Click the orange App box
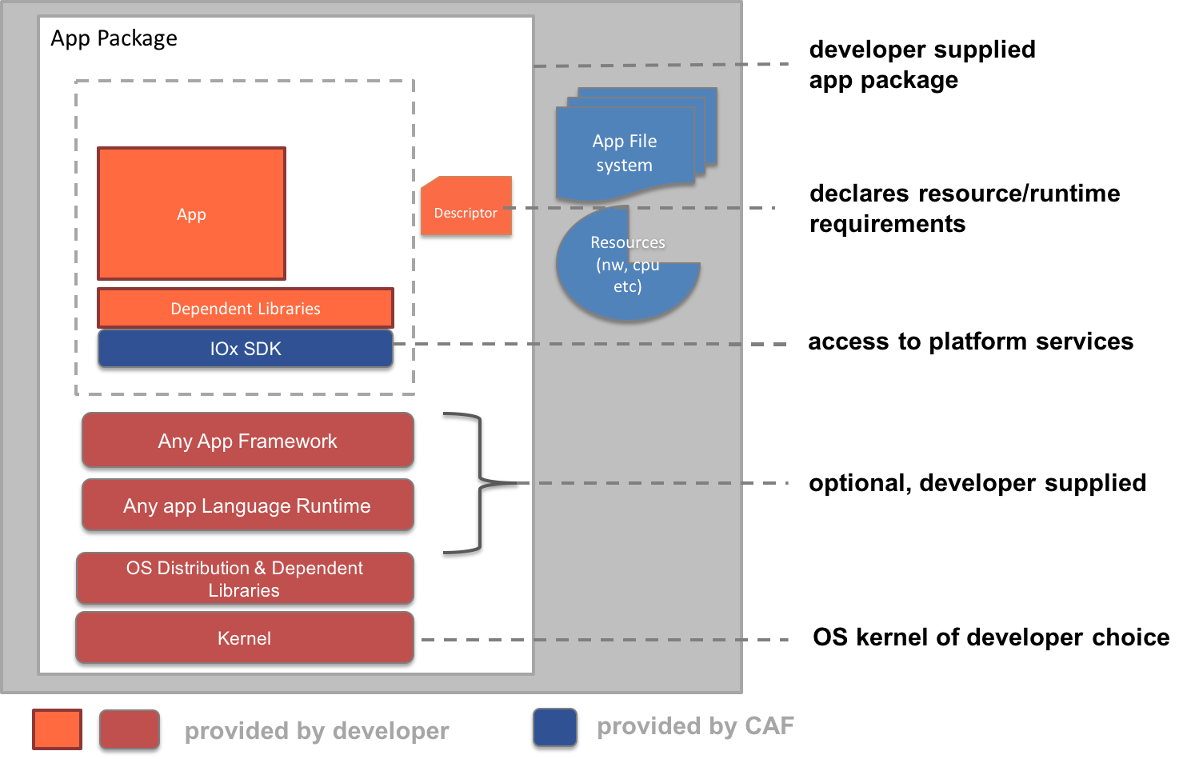coord(191,214)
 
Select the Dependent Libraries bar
coord(246,309)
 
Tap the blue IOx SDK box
coord(246,349)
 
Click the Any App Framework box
coord(247,441)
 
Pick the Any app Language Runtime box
coord(247,505)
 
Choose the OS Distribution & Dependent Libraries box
coord(245,578)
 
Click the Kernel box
coord(245,638)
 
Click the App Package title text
coord(114,38)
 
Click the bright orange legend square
coord(57,729)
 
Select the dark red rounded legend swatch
coord(130,729)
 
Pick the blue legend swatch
coord(555,727)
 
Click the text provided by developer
coord(317,731)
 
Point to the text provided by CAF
coord(695,726)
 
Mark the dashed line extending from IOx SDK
coord(592,344)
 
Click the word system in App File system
coord(624,166)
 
